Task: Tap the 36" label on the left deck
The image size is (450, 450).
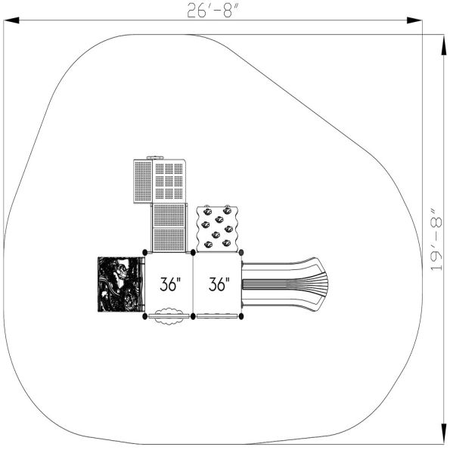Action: [172, 285]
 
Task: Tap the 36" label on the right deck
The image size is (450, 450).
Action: [219, 285]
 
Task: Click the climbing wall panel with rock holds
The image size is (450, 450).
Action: [218, 228]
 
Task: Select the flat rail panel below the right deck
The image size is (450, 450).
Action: [218, 317]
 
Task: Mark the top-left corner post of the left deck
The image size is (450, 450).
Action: [145, 253]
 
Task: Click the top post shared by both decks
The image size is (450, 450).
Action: [194, 253]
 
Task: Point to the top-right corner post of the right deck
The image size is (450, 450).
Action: [241, 253]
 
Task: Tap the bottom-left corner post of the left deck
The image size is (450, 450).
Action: [145, 315]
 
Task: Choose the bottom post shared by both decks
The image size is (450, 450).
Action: [194, 315]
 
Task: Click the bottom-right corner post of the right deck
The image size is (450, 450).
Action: [241, 315]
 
